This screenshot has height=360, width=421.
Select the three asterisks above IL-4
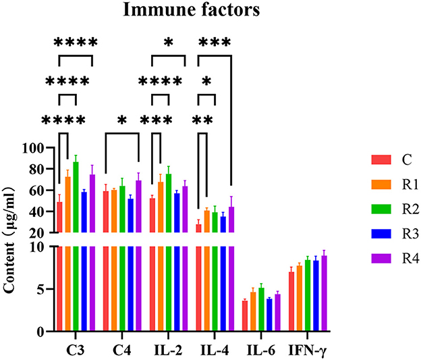click(214, 43)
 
